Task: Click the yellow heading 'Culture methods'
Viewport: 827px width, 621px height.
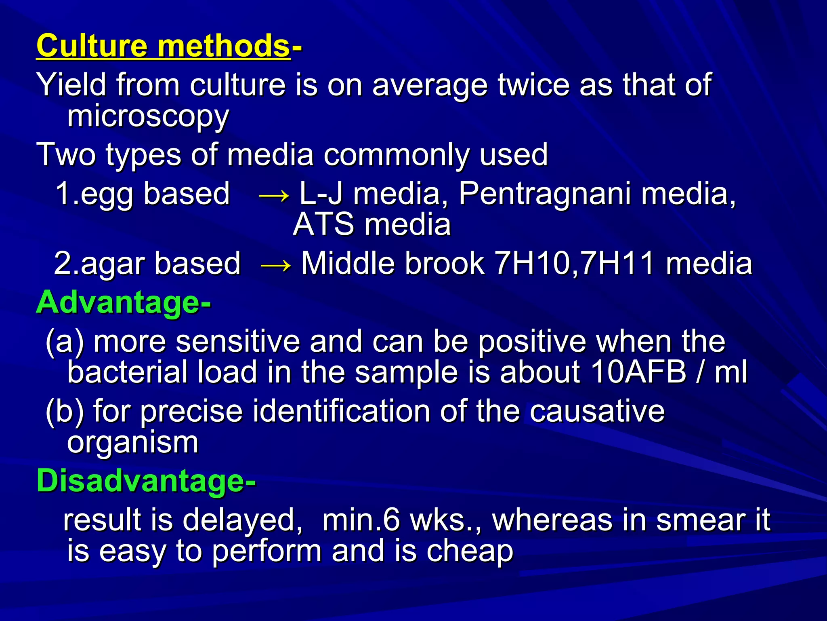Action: (x=163, y=46)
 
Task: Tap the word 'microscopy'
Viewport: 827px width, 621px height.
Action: (x=148, y=116)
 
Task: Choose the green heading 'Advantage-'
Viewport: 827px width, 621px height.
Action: (x=123, y=302)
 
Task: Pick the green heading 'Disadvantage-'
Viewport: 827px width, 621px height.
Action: (x=146, y=481)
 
